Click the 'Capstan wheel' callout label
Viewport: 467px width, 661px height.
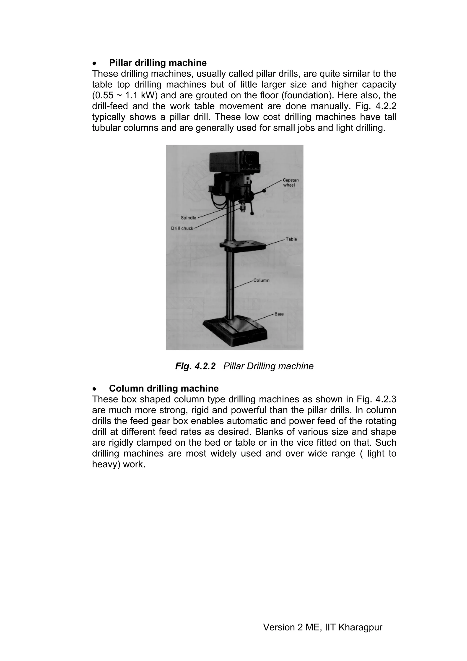[x=291, y=182]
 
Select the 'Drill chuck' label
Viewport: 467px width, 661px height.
[x=182, y=228]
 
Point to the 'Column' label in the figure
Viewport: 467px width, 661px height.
[x=261, y=280]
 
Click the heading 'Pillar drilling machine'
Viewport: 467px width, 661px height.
[x=158, y=63]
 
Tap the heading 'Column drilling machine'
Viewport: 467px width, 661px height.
[x=163, y=388]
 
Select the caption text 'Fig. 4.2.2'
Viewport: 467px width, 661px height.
[x=195, y=366]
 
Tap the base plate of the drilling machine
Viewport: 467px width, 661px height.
[x=234, y=331]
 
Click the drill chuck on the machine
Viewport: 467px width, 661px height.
[x=243, y=208]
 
